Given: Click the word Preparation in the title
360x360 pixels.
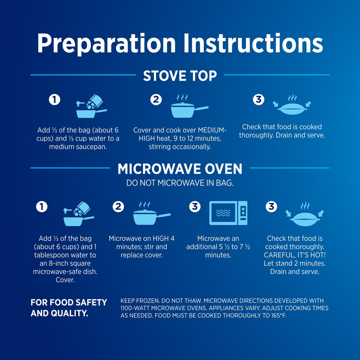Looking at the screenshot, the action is pos(106,44).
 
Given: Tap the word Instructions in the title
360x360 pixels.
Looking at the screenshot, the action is pos(253,43).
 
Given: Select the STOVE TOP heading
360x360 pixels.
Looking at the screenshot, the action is pos(180,76).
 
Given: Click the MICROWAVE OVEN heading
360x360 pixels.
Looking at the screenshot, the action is pos(180,169).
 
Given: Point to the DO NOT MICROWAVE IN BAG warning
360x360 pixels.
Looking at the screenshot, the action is pos(180,183).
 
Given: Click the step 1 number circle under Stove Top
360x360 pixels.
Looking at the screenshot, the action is pos(54,99).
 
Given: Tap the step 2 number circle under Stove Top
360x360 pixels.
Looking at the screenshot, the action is pos(156,99).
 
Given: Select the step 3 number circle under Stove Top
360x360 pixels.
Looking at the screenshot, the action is pos(258,99).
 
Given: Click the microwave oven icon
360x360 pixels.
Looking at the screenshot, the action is pos(228,213).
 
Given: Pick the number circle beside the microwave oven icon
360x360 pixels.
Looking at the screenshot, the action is pos(195,207).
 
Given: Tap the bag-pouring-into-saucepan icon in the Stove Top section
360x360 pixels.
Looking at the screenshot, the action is pos(91,106).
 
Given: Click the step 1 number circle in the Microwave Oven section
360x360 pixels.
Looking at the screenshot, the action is pos(42,207).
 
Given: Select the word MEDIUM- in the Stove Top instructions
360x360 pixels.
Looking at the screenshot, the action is pos(212,130).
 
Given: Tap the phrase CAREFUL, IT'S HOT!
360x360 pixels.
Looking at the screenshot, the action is pos(295,255).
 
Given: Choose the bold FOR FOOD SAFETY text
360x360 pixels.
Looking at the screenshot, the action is pos(69,302).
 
